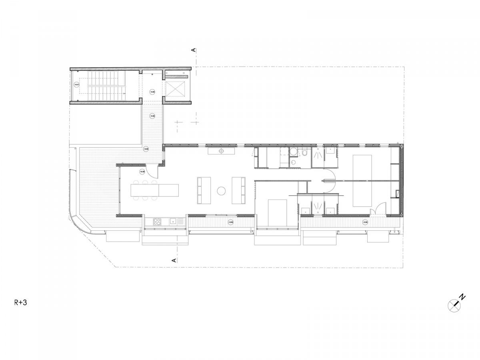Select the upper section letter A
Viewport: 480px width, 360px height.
click(194, 50)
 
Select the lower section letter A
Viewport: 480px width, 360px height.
click(174, 260)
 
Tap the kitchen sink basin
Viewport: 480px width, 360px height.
click(173, 221)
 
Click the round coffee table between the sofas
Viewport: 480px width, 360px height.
click(221, 191)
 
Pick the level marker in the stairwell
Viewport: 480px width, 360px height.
click(77, 85)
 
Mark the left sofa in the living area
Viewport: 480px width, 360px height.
click(202, 191)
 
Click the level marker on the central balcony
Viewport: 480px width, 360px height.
click(230, 222)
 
